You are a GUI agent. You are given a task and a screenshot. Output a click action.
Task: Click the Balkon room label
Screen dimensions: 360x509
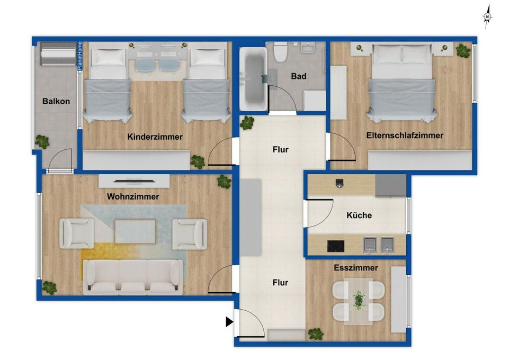56,102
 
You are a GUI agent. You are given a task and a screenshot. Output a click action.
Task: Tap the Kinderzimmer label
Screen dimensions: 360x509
155,137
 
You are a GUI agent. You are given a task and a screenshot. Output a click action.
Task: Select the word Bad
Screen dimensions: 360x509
299,76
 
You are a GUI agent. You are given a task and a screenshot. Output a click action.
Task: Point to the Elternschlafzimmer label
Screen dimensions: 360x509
405,136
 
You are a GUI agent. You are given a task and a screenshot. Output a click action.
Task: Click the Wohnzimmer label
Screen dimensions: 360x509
133,196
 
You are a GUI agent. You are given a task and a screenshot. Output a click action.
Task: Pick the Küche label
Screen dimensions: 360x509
359,215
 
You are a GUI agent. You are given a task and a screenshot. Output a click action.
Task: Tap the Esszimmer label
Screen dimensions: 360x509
356,268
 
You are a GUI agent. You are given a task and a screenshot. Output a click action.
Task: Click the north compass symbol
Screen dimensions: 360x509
486,17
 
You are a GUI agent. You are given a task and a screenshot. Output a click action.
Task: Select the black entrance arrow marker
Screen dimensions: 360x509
229,321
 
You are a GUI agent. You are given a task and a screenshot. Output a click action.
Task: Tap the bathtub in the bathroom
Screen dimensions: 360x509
253,79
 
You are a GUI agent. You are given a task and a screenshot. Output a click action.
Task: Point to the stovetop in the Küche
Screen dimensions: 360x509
335,246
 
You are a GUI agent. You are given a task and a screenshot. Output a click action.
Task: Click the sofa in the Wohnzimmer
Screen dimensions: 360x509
132,276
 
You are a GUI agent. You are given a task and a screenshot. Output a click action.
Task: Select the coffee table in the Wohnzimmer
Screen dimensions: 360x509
135,231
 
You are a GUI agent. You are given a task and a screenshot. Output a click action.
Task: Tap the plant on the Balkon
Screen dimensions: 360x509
42,141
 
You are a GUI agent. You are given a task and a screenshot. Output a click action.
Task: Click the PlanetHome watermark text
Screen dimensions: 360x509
80,56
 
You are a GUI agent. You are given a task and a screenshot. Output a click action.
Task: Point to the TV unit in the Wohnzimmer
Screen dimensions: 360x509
134,180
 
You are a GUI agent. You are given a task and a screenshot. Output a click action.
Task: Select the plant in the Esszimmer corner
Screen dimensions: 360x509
316,334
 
